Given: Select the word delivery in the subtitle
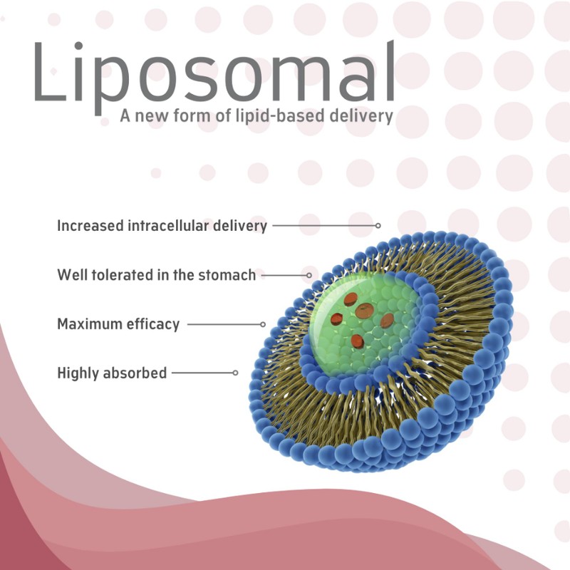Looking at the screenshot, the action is [x=361, y=116].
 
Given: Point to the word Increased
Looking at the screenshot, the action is [x=90, y=225].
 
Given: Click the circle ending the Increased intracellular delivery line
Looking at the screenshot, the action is [x=378, y=225].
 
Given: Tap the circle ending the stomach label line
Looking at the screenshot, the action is [x=309, y=275].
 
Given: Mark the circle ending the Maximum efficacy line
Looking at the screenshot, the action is [x=263, y=324].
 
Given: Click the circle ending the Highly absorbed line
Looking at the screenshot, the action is [x=235, y=373].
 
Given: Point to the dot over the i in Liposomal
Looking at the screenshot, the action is [x=78, y=46].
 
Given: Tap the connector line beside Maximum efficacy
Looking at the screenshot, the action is [x=224, y=324].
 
